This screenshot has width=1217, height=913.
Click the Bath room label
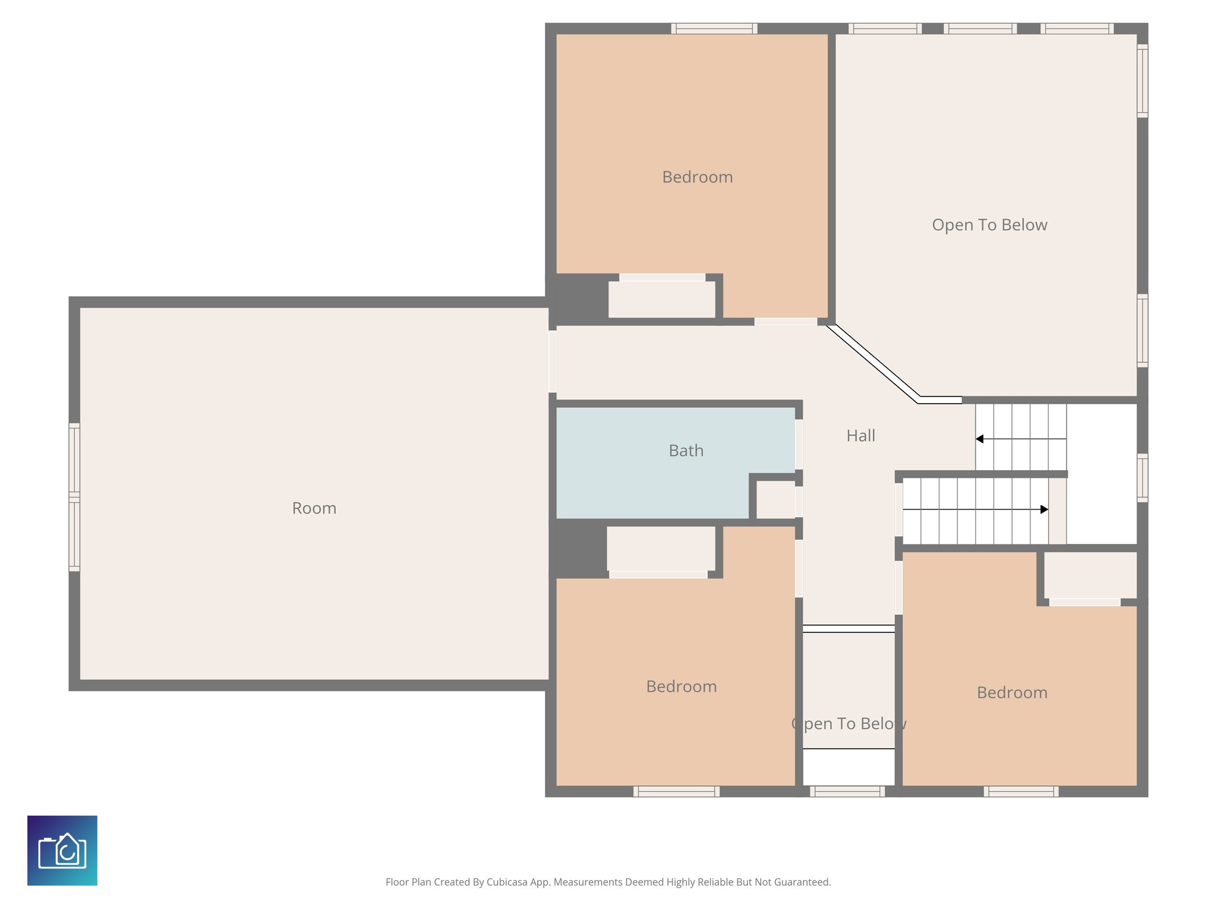686,451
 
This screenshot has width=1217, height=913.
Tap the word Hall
860,436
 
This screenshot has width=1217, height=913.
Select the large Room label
314,508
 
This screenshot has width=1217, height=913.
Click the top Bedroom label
697,177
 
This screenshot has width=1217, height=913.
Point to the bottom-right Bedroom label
1011,692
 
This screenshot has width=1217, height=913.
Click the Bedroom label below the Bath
681,687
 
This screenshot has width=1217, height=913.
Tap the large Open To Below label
989,225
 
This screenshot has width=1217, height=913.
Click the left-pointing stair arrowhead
979,439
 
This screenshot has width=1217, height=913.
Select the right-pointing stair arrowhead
1044,509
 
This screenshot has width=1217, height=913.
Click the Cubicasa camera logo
62,850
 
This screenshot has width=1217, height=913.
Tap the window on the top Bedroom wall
714,28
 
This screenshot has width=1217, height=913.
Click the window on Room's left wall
74,497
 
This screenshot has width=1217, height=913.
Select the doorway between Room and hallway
552,361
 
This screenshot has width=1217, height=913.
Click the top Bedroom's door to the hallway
786,322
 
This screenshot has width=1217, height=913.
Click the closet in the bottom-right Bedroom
1090,575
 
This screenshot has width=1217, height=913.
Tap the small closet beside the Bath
775,500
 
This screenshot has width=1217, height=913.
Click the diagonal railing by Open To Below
872,363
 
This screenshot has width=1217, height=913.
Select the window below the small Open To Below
847,791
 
